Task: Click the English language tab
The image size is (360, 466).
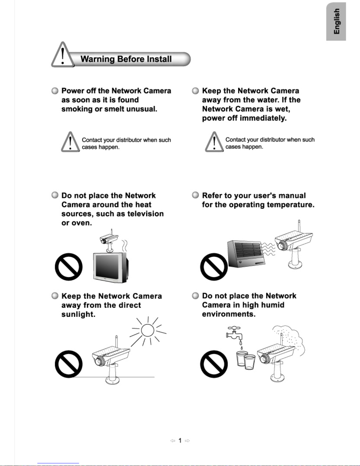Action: pyautogui.click(x=336, y=21)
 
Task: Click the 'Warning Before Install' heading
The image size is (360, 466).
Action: pyautogui.click(x=126, y=59)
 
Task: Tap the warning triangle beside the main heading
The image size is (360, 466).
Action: pyautogui.click(x=63, y=55)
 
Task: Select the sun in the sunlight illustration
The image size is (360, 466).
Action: pyautogui.click(x=148, y=331)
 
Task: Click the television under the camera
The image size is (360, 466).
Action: pyautogui.click(x=110, y=267)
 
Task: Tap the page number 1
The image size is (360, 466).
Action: pyautogui.click(x=180, y=440)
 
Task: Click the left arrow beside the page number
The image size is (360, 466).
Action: pyautogui.click(x=173, y=441)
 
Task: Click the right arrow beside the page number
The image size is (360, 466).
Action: pyautogui.click(x=187, y=441)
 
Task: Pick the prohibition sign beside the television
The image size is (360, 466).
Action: pyautogui.click(x=69, y=267)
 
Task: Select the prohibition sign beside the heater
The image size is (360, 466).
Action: pyautogui.click(x=214, y=267)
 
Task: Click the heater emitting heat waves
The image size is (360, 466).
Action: pyautogui.click(x=246, y=254)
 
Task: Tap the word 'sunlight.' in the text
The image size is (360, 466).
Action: pyautogui.click(x=78, y=314)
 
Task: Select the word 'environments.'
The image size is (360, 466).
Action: pyautogui.click(x=229, y=314)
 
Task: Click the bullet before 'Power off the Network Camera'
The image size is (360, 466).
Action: pyautogui.click(x=55, y=91)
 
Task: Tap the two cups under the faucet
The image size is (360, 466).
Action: pyautogui.click(x=246, y=360)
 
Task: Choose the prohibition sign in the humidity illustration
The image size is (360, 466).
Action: pyautogui.click(x=214, y=364)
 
